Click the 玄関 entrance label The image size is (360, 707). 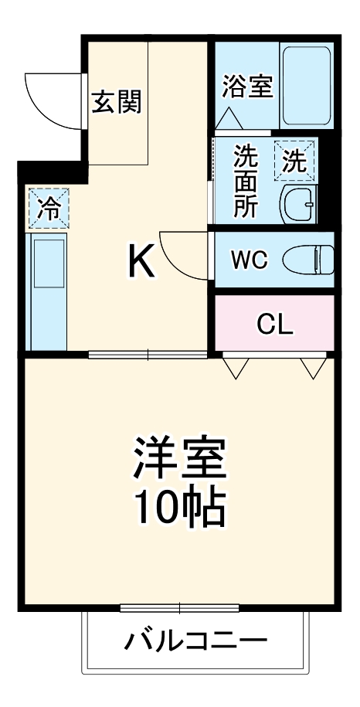[x=117, y=103]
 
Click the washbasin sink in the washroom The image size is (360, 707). [x=297, y=205]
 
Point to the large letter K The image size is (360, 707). [x=141, y=263]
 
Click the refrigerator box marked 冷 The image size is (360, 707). [x=48, y=209]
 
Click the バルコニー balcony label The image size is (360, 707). [x=195, y=641]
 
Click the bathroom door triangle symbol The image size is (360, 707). [x=229, y=120]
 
